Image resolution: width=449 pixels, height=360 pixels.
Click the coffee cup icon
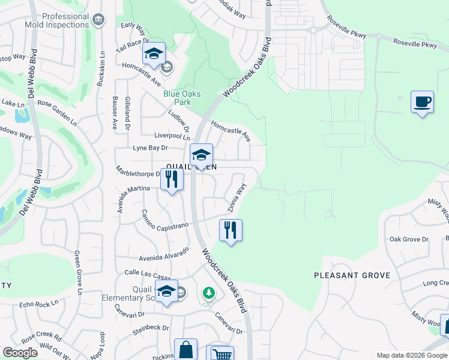click(422, 101)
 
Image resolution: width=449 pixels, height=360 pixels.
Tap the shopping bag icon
click(185, 349)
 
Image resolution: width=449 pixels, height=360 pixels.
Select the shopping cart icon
click(220, 354)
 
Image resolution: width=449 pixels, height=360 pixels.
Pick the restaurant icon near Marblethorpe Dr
click(172, 179)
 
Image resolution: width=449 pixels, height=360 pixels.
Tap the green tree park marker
click(208, 293)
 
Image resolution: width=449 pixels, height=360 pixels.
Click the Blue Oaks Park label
click(182, 98)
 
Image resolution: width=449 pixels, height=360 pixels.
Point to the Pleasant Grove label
click(352, 275)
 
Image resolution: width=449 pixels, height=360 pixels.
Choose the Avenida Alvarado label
click(164, 254)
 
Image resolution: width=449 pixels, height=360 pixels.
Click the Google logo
click(20, 353)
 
